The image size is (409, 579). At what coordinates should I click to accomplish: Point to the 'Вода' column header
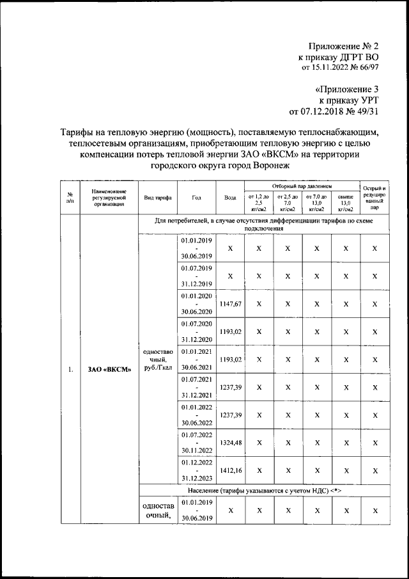tap(230, 198)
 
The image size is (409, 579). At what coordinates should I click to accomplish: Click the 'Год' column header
tap(196, 198)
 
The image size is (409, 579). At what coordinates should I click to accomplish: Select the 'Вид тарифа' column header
tap(157, 198)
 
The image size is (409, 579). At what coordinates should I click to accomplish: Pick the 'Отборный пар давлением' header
tap(302, 186)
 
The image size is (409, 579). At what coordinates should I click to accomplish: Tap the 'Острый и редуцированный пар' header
tap(374, 198)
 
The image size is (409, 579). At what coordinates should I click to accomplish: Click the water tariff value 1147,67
tap(230, 305)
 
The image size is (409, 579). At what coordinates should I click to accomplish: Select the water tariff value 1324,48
tap(230, 442)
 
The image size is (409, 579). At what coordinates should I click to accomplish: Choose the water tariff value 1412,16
tap(230, 470)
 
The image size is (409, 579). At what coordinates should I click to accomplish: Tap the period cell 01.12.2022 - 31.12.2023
tap(196, 470)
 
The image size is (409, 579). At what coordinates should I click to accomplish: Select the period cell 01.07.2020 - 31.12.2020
tap(196, 332)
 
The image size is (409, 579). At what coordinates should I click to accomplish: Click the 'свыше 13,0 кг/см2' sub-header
tap(345, 202)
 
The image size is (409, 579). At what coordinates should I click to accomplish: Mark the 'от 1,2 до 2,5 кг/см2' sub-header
tap(259, 202)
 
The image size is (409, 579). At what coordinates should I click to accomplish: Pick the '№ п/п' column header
tap(70, 198)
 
